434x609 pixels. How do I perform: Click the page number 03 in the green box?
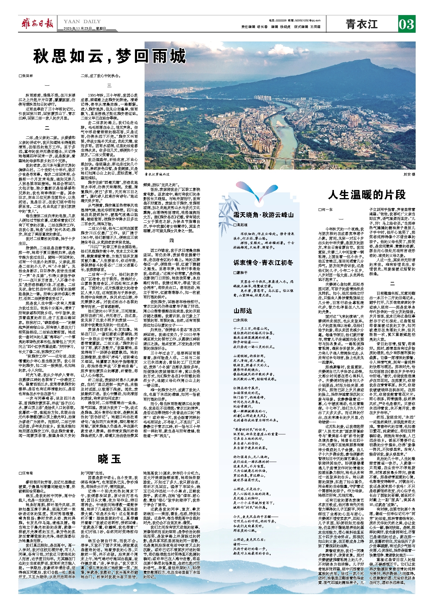click(x=406, y=24)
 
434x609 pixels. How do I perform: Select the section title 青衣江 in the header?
click(x=362, y=24)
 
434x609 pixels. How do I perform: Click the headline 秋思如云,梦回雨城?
click(x=110, y=57)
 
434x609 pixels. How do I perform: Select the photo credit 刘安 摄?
click(x=409, y=174)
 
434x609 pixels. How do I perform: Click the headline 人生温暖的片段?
click(x=367, y=195)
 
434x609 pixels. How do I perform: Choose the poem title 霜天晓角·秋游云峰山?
click(x=263, y=215)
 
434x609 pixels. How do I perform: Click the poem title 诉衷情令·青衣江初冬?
click(x=263, y=262)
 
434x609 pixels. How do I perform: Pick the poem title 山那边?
click(x=243, y=311)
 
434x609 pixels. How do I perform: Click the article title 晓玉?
click(x=109, y=459)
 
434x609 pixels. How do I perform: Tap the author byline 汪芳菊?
click(x=27, y=473)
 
